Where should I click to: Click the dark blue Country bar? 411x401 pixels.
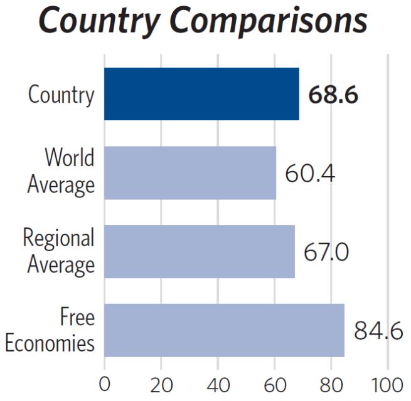201,94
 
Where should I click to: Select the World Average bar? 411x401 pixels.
190,172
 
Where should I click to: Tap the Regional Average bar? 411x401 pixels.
199,251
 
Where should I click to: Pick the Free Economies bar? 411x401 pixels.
224,330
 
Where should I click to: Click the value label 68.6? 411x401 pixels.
333,96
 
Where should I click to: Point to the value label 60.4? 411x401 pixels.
309,173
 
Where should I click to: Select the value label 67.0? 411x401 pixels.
326,252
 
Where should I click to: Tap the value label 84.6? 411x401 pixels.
378,331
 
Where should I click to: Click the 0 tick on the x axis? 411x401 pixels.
104,383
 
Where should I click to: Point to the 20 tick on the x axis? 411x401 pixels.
161,383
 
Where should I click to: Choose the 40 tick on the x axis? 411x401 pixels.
218,383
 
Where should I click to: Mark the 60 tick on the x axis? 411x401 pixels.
274,383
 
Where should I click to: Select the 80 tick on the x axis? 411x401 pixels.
331,383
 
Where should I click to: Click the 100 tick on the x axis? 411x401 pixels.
387,383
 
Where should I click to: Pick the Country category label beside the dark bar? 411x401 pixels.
61,95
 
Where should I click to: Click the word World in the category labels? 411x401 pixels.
69,159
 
